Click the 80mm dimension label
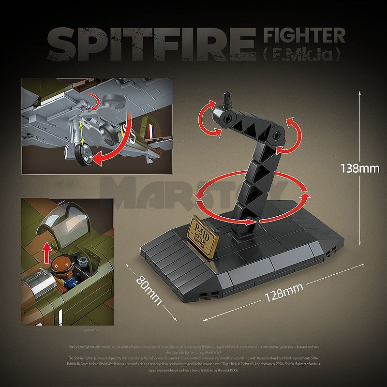pyautogui.click(x=148, y=289)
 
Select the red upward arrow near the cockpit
pyautogui.click(x=47, y=253)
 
